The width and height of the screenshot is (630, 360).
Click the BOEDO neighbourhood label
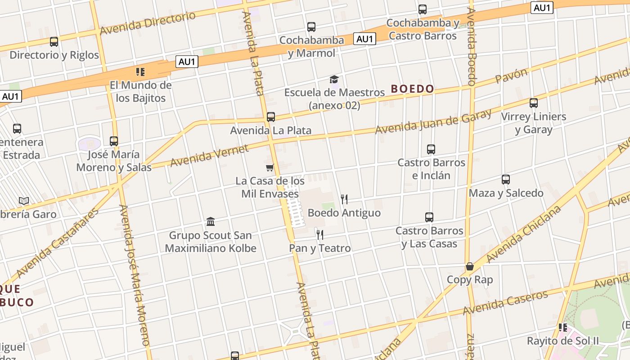tap(412, 89)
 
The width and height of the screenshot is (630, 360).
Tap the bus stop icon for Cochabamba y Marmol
tap(311, 27)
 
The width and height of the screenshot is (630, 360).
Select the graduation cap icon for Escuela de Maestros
tap(334, 80)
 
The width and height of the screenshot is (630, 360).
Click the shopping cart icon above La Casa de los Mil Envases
tap(270, 168)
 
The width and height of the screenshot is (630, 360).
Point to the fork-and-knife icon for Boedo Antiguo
tap(344, 199)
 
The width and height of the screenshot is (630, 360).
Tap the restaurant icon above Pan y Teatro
tap(319, 234)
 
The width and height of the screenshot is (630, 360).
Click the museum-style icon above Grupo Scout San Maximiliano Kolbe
tap(211, 221)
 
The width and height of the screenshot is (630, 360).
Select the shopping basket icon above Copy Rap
tap(470, 266)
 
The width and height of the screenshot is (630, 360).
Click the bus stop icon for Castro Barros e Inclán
tap(431, 149)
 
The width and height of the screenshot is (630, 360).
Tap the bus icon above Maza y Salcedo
tap(506, 180)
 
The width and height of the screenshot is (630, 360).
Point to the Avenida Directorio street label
tap(148, 23)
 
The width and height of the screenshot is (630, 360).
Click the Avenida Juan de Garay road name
tap(433, 121)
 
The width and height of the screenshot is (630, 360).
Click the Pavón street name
tap(511, 76)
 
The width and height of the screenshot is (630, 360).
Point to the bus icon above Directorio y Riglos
tap(54, 42)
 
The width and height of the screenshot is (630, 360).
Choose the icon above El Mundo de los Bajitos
tap(140, 72)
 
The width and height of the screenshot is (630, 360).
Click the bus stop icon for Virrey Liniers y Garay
tap(534, 103)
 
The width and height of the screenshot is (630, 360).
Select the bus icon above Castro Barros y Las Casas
tap(429, 217)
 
